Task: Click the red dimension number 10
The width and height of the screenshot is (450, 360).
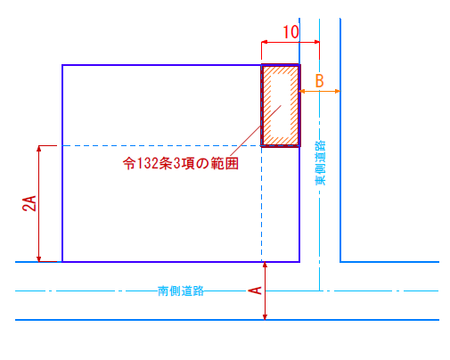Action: coord(290,32)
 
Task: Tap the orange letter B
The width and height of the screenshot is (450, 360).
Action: coord(319,80)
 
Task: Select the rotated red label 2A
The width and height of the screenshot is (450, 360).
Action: coord(29,203)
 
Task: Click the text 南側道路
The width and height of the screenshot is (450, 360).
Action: coord(181,290)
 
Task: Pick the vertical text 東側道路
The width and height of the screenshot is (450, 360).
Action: coord(321,163)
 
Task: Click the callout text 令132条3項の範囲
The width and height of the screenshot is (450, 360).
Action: coord(181,163)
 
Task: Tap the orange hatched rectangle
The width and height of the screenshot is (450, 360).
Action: coord(281,105)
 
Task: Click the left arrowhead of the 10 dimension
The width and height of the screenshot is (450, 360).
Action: coord(264,42)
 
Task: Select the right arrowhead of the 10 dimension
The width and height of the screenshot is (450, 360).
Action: coord(317,42)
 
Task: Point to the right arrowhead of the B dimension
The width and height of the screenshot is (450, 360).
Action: coord(338,91)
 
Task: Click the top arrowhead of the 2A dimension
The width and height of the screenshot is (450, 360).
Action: coord(38,148)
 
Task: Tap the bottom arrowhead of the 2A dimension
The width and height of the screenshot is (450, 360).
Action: coord(38,259)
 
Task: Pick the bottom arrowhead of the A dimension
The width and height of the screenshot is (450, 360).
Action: coord(265,317)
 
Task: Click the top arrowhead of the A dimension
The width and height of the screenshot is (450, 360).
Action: coord(265,265)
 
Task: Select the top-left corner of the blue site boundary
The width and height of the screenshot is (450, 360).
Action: coord(62,65)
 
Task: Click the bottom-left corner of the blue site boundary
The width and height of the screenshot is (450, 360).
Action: coord(62,262)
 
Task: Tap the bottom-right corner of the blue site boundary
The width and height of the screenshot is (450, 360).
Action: coord(299,262)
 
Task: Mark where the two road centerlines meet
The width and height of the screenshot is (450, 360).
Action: coord(320,290)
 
